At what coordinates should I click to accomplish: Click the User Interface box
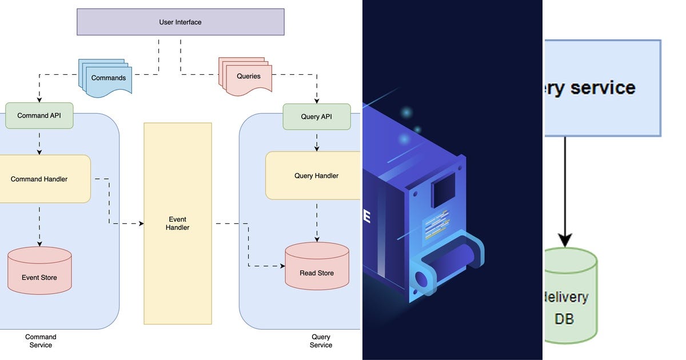pyautogui.click(x=180, y=22)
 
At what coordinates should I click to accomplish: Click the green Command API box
pyautogui.click(x=39, y=115)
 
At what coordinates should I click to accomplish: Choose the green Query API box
pyautogui.click(x=316, y=117)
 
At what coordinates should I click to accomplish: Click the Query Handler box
pyautogui.click(x=316, y=175)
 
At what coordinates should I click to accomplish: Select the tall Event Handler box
pyautogui.click(x=177, y=223)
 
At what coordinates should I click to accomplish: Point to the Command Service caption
pyautogui.click(x=41, y=341)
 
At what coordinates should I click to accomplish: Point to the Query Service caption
pyautogui.click(x=321, y=341)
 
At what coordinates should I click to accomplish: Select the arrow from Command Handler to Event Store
pyautogui.click(x=39, y=225)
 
